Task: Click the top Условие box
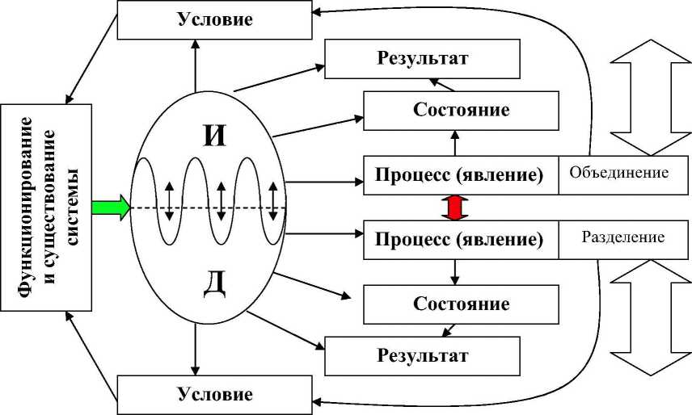click(215, 19)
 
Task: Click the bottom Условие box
click(215, 395)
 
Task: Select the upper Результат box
click(422, 59)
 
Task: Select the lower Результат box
click(422, 354)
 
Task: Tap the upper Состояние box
click(461, 110)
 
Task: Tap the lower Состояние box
click(461, 304)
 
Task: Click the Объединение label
click(618, 174)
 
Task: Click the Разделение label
click(622, 238)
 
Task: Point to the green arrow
click(110, 207)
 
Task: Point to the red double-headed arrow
click(454, 207)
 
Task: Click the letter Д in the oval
click(214, 284)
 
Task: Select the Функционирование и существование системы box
click(48, 207)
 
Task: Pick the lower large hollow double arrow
click(650, 318)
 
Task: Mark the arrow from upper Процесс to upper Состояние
click(454, 144)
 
